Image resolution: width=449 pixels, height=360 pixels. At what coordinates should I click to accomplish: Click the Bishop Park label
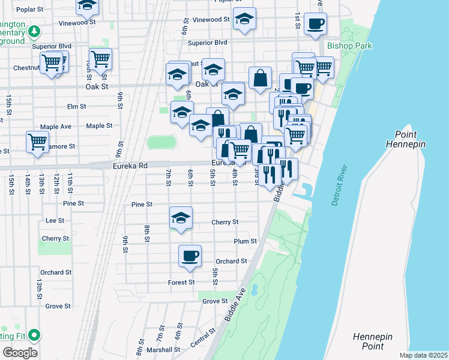click(350, 46)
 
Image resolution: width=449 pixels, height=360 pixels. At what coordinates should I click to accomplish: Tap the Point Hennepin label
click(411, 139)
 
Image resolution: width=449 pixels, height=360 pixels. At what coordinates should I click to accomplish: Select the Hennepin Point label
click(368, 341)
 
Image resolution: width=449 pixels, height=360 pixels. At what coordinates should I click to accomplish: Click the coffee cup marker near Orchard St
click(190, 256)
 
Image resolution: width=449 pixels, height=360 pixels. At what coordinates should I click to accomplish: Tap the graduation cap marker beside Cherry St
click(181, 218)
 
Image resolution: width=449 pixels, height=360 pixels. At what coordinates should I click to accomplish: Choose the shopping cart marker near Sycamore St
click(37, 142)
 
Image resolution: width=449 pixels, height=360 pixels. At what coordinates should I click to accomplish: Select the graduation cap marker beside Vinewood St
click(244, 19)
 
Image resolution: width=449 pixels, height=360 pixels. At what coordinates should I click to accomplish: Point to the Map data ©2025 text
click(423, 355)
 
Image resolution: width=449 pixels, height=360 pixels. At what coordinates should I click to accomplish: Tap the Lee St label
click(55, 221)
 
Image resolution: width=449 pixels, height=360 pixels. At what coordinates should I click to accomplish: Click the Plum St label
click(245, 241)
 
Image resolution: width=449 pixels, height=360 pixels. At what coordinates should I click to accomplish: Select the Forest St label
click(181, 282)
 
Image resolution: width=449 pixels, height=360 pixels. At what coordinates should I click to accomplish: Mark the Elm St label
click(77, 107)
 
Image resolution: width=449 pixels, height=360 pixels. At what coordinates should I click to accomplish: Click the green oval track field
click(162, 143)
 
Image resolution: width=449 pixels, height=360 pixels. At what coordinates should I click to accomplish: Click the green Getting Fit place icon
click(35, 335)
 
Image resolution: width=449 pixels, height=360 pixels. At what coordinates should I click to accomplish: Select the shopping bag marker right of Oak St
click(260, 78)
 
